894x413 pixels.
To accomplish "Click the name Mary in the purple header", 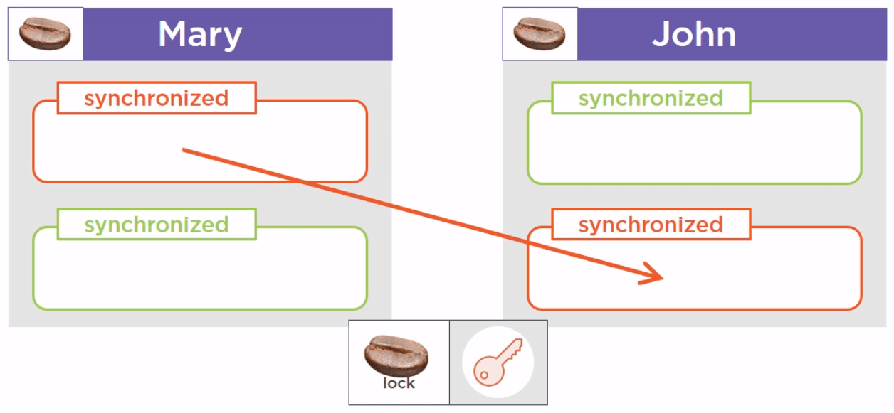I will (x=200, y=34).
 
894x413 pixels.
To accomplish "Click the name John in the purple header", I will (x=694, y=34).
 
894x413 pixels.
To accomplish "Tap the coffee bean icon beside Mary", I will (x=45, y=34).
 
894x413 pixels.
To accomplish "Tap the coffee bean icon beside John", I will (x=540, y=34).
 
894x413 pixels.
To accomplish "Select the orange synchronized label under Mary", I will (x=156, y=98).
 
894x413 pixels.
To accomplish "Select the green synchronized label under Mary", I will (x=156, y=225).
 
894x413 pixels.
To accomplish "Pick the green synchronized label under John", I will (x=651, y=98).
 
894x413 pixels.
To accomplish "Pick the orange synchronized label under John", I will (x=651, y=225).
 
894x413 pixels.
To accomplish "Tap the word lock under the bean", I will (x=399, y=383).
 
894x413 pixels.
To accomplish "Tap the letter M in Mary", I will (x=174, y=34).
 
